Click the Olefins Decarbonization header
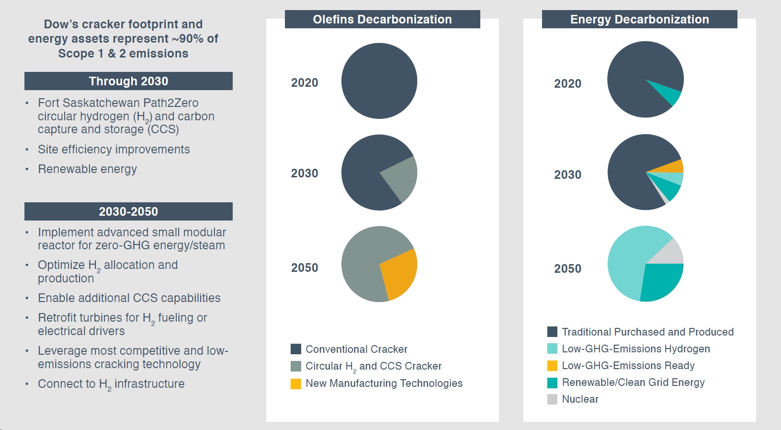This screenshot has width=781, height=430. pyautogui.click(x=382, y=19)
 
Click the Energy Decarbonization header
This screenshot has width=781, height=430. pyautogui.click(x=639, y=19)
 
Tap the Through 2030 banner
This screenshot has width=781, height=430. pyautogui.click(x=128, y=81)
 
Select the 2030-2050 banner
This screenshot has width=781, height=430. pyautogui.click(x=128, y=211)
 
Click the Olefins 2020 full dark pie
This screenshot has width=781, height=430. pyautogui.click(x=379, y=81)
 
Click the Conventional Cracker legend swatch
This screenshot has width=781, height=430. pyautogui.click(x=296, y=349)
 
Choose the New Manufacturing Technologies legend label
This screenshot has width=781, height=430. pyautogui.click(x=384, y=384)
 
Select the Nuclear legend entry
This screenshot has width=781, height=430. pyautogui.click(x=580, y=399)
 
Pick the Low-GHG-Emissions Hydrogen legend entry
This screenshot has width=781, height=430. pyautogui.click(x=635, y=349)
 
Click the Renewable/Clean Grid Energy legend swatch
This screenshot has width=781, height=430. pyautogui.click(x=552, y=383)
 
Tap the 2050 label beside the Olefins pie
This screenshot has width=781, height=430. pyautogui.click(x=305, y=267)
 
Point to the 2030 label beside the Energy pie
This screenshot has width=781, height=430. pyautogui.click(x=567, y=174)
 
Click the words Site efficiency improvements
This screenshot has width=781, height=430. pyautogui.click(x=114, y=150)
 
